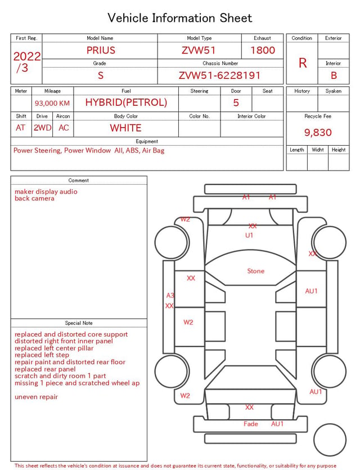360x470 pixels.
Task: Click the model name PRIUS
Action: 101,50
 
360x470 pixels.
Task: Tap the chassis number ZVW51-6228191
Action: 219,75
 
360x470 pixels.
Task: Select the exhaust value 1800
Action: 263,50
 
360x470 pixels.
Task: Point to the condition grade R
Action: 303,63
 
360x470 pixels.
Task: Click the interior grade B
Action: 334,75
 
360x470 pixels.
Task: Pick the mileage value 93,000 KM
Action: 52,103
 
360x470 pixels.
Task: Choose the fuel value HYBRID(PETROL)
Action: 126,102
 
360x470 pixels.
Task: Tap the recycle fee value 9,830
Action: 318,132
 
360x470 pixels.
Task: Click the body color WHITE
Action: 125,128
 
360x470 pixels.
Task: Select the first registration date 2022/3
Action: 26,62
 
